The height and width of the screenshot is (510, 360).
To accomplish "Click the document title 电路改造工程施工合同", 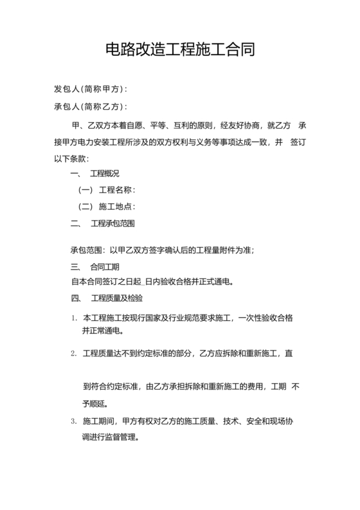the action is point(179,50).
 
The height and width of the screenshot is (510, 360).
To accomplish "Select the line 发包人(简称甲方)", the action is point(90,89).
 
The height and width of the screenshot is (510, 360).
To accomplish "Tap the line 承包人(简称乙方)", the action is point(90,106).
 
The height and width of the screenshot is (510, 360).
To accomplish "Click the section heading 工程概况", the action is point(105,174).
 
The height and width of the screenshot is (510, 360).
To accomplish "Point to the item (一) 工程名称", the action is point(107,190).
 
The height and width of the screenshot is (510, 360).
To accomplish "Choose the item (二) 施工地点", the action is point(107,207).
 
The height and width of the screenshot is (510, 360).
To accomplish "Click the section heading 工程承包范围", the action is point(113,224).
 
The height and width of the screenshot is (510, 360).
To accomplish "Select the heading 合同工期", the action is point(105,266).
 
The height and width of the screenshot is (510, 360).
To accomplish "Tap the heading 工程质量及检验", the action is point(117,299).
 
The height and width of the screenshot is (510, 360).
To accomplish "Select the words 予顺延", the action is point(95,405).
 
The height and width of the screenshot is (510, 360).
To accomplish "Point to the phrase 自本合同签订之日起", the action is point(107,282).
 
